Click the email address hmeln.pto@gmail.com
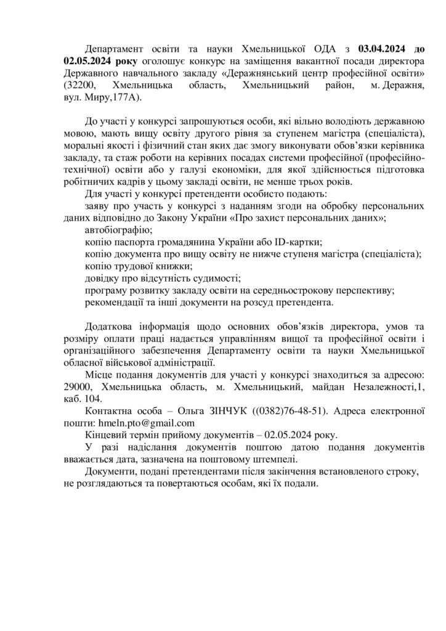147,423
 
